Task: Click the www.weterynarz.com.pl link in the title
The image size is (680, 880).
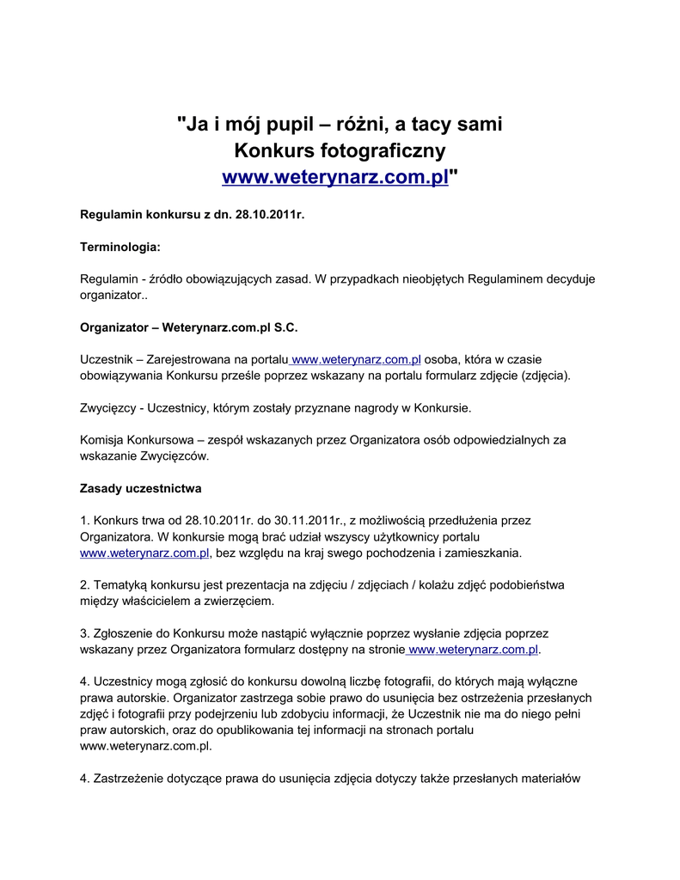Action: click(335, 177)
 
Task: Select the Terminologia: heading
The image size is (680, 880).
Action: click(120, 247)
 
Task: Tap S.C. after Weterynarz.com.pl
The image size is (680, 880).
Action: click(285, 327)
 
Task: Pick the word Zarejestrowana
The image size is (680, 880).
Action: click(191, 359)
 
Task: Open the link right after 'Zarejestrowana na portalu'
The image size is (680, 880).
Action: click(356, 359)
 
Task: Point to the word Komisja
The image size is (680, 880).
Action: click(102, 440)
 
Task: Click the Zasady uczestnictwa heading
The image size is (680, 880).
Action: click(141, 488)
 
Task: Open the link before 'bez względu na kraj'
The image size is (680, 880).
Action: click(144, 553)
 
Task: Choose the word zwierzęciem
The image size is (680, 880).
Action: click(236, 601)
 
